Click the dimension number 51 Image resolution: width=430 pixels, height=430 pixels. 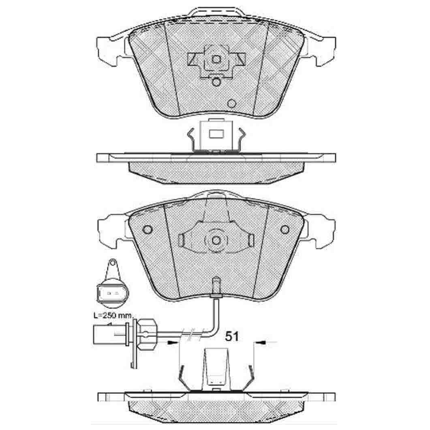232,336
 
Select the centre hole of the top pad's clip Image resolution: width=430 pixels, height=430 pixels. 216,59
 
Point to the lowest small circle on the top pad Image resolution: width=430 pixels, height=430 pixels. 232,103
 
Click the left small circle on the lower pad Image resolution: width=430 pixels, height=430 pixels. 148,229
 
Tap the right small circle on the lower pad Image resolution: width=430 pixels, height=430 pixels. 285,229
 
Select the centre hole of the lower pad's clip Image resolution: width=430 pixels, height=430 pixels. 216,240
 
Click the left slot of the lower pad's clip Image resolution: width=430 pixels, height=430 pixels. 181,240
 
